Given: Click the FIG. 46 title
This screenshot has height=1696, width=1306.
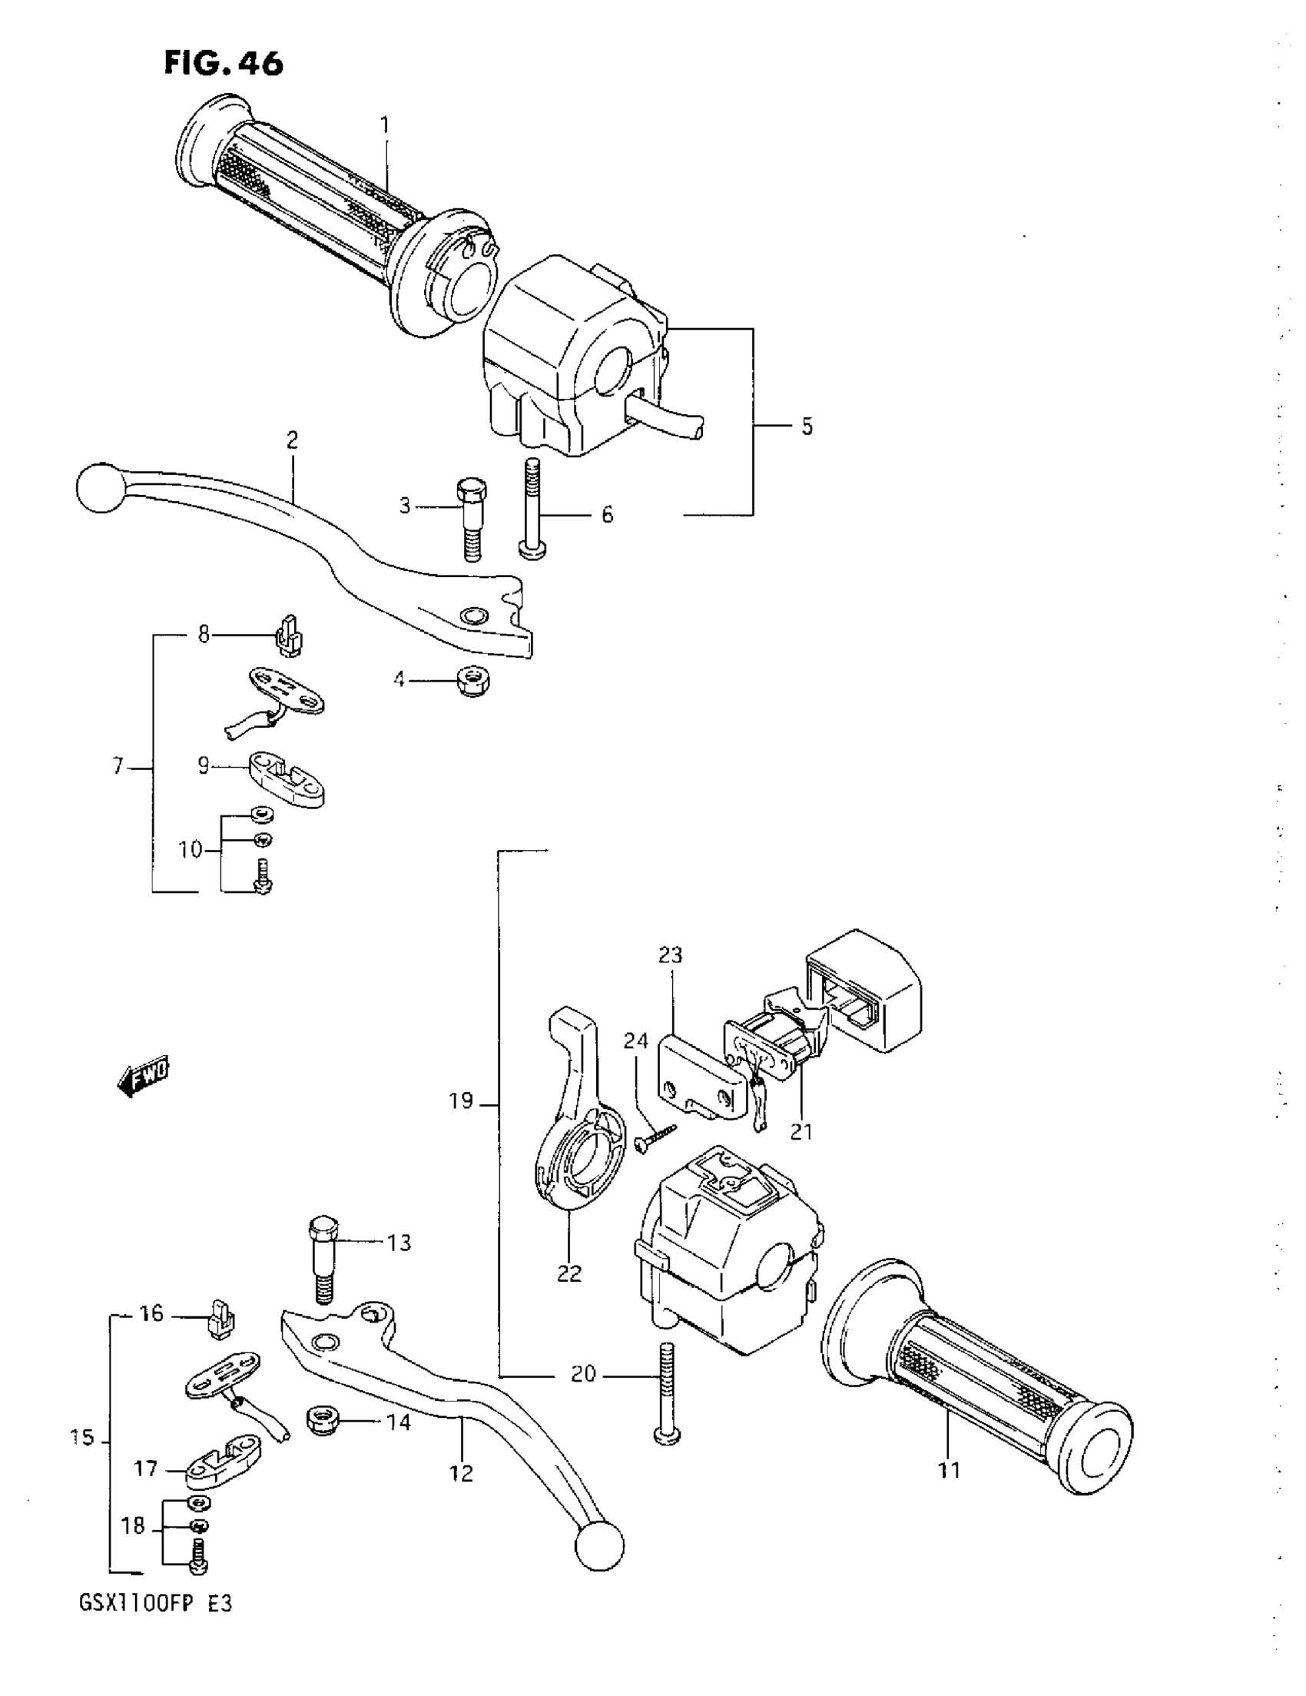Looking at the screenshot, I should coord(224,64).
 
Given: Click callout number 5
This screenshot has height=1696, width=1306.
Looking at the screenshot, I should coord(807,426).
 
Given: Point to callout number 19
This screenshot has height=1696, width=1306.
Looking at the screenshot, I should coord(460,1101).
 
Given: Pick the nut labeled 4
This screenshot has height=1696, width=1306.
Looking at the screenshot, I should coord(473,681).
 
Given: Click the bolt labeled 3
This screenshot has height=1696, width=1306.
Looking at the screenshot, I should coord(470,519).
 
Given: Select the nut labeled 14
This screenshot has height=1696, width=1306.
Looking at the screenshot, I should coord(323,1422).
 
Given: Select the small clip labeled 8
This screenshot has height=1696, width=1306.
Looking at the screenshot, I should coord(289,636).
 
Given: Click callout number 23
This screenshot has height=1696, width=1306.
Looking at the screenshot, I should coord(670,955).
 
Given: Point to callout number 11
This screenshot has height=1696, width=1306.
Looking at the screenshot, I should coord(950,1470).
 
